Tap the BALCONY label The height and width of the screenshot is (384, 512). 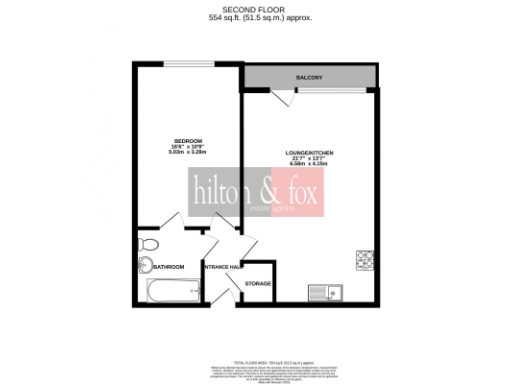308,76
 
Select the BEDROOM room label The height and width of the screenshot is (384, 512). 188,140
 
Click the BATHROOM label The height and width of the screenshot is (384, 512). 168,266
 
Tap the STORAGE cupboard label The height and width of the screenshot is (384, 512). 258,284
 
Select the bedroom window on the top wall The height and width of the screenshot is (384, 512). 188,65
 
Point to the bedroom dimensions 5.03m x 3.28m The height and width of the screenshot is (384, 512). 188,154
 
